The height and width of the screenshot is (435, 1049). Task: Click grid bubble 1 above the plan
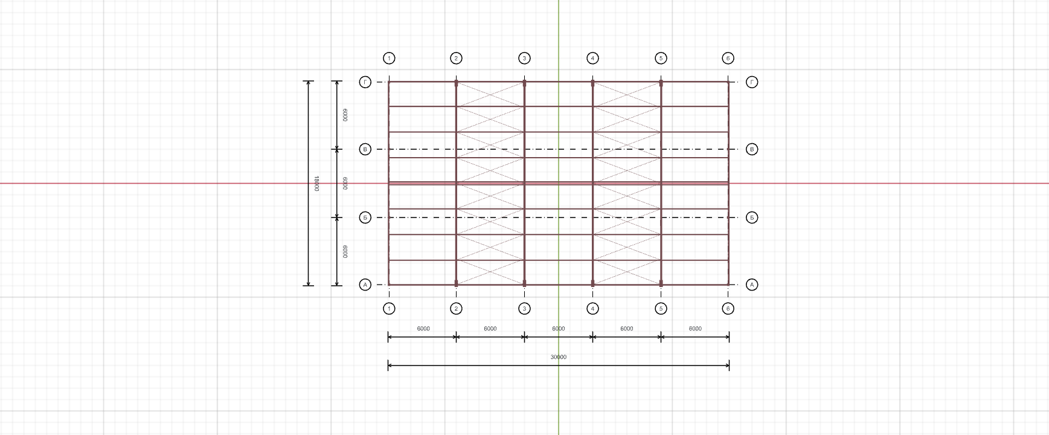pos(389,59)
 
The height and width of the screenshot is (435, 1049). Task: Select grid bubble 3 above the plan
pos(524,59)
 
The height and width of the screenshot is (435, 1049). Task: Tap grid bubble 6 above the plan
pos(728,59)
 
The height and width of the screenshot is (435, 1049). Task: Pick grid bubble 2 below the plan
pos(456,309)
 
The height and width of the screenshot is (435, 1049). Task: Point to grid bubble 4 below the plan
pos(592,309)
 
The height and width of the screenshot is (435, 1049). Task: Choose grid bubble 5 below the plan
pos(661,309)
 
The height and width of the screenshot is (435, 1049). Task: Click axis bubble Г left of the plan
pos(365,82)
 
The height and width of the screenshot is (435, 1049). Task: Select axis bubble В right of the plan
pos(752,149)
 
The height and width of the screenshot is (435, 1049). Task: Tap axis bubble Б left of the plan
pos(365,217)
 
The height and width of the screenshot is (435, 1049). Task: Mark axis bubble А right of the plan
pos(752,285)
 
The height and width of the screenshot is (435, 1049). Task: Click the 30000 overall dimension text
pos(559,357)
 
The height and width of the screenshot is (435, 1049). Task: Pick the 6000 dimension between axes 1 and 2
pos(423,329)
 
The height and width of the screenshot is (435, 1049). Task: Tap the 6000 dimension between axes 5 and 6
pos(695,329)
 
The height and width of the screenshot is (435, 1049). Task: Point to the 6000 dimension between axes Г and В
pos(345,115)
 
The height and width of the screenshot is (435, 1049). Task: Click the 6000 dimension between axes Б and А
pos(345,251)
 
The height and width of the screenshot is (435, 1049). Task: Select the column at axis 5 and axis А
pos(661,283)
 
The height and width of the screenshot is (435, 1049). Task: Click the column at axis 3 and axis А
pos(524,283)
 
